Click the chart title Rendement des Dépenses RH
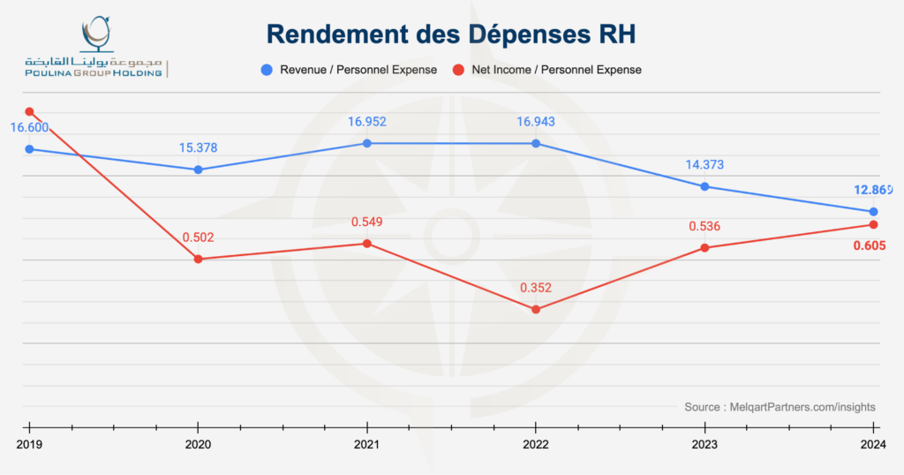(451, 34)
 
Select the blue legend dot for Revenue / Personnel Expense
(266, 69)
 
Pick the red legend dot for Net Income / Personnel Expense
(458, 69)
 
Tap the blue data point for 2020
(199, 170)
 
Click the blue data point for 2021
(367, 143)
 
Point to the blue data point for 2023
(704, 186)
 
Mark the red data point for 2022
(536, 309)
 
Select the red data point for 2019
(29, 112)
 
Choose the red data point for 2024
(874, 225)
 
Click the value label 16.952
(367, 122)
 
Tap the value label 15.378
(199, 147)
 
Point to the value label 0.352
(536, 288)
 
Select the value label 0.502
(199, 237)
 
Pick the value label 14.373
(704, 165)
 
